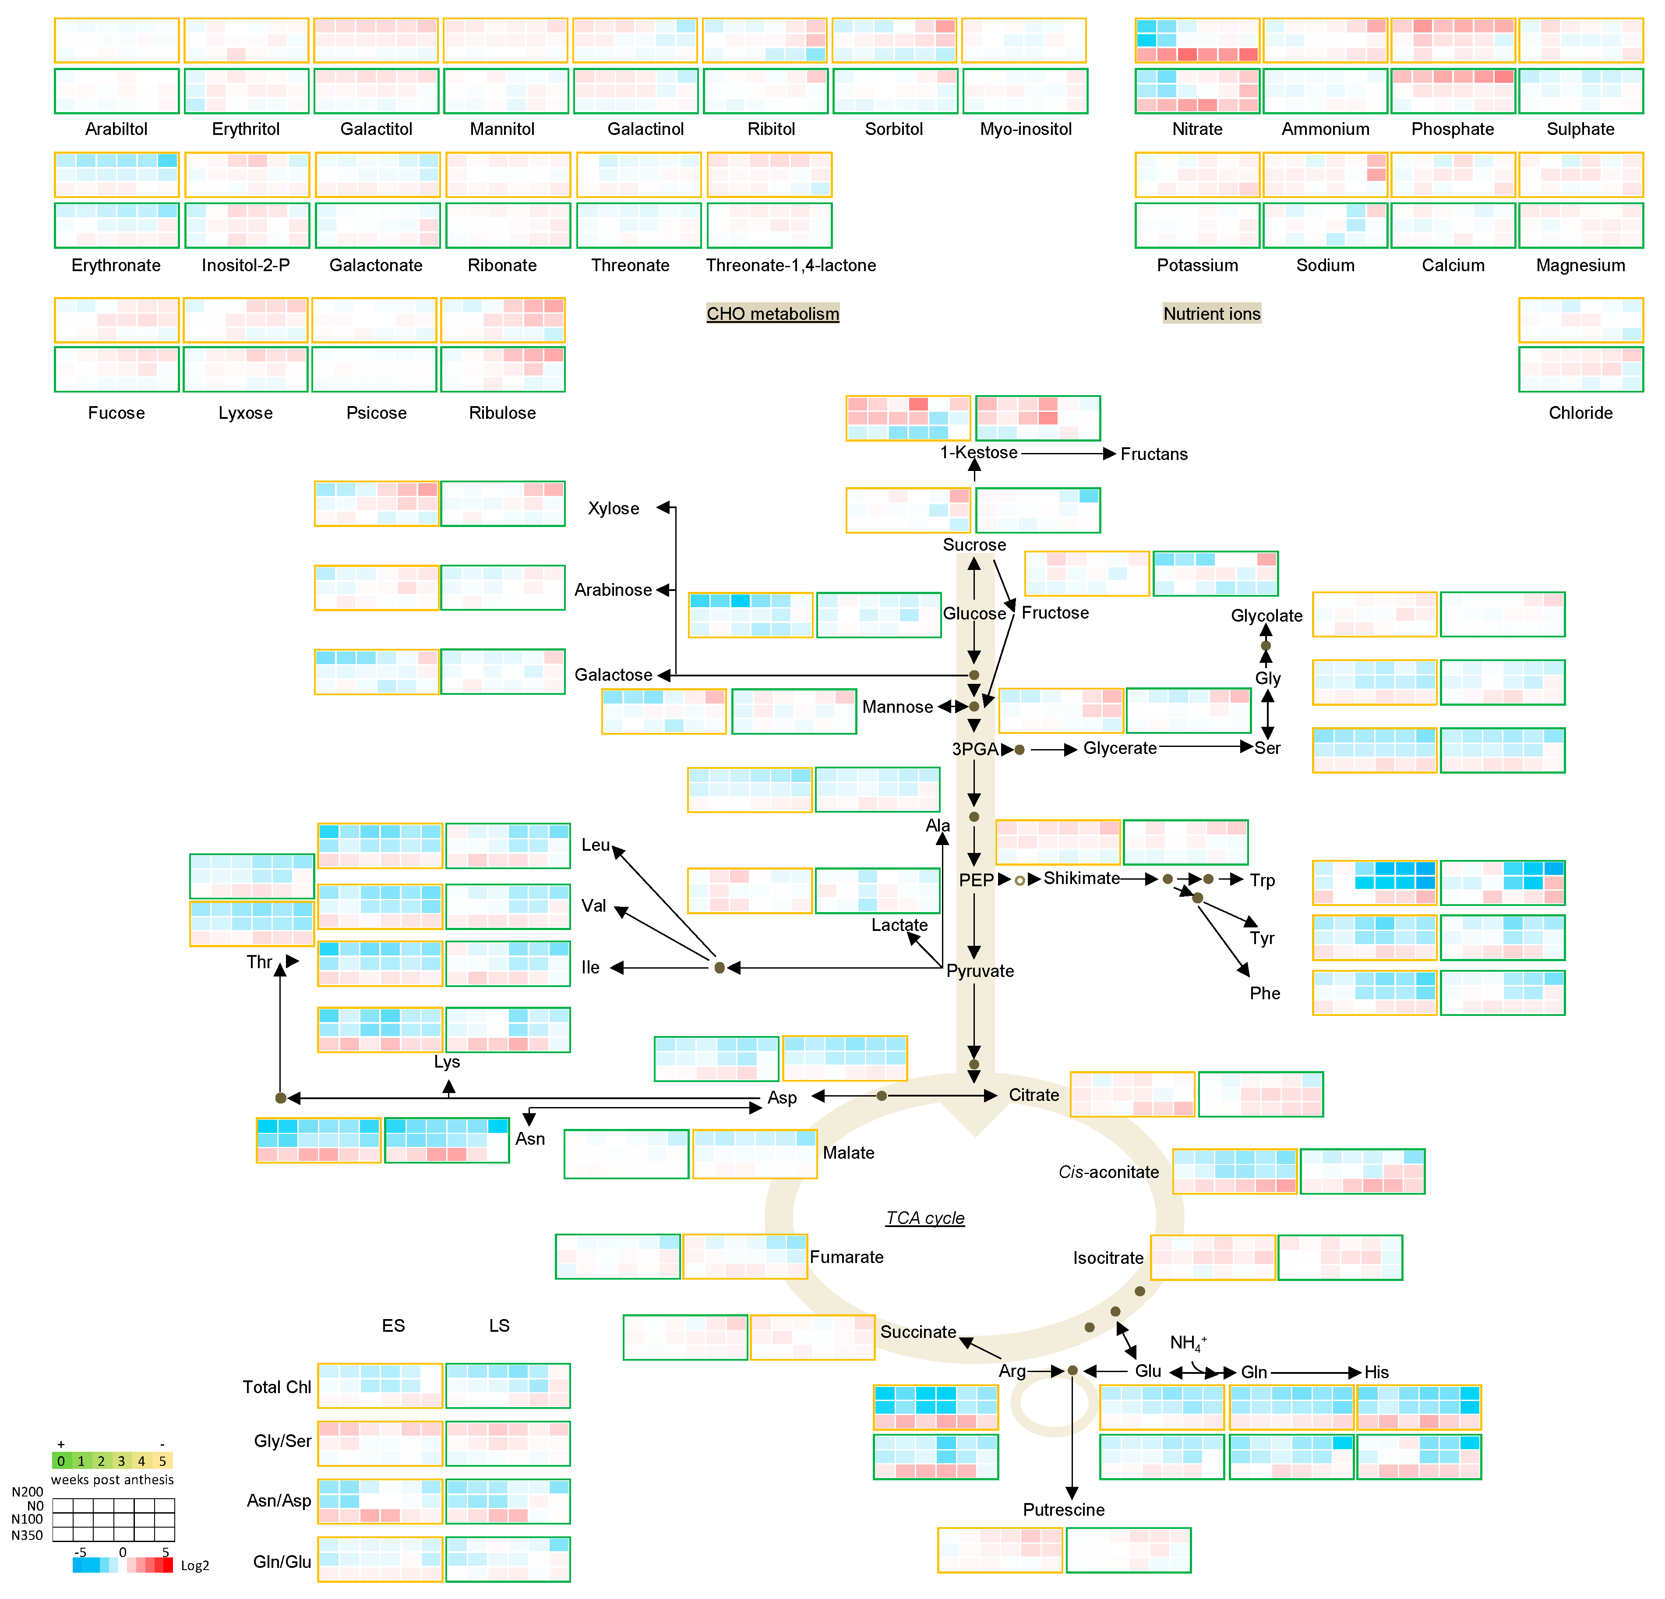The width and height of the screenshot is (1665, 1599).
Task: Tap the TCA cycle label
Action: click(925, 1217)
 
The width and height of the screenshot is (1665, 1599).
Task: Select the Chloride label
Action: click(1580, 413)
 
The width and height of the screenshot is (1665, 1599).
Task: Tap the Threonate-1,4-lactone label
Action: click(791, 265)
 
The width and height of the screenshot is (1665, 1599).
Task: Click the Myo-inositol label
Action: click(1025, 129)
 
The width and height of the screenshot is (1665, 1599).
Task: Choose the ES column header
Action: click(393, 1326)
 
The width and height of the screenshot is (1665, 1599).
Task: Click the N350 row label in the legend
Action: click(27, 1536)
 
